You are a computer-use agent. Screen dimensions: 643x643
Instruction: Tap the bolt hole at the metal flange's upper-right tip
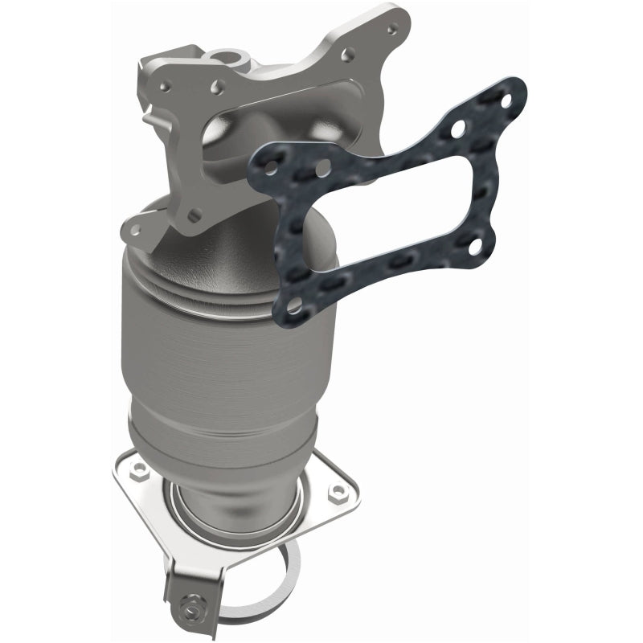point(391,28)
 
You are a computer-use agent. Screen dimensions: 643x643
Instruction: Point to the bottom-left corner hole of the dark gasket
point(296,305)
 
